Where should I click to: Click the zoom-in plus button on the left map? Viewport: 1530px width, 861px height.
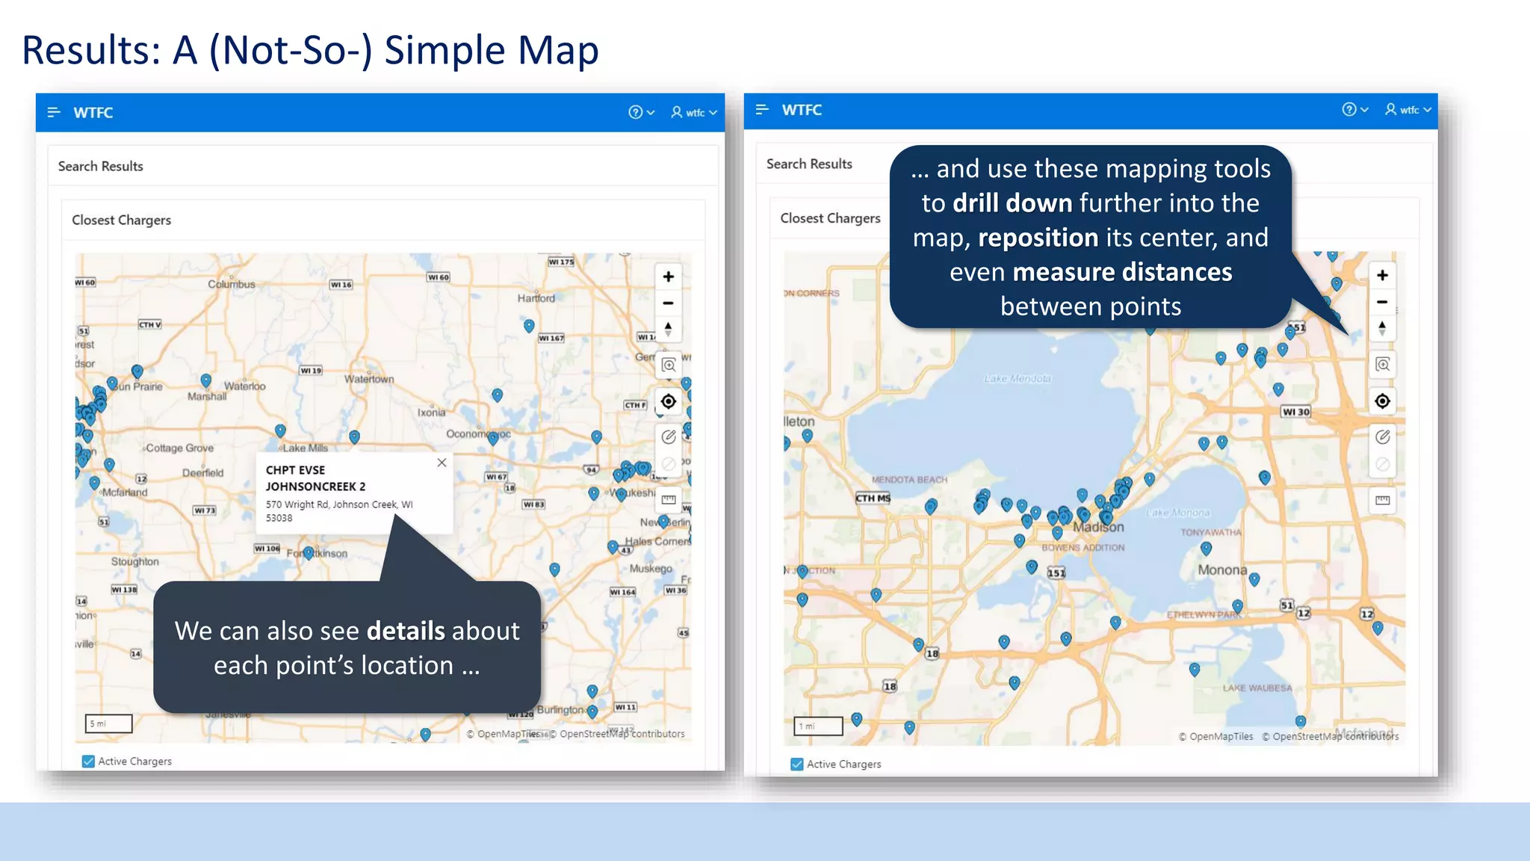pos(668,277)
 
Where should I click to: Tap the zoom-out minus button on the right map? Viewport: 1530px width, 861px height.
pos(1382,302)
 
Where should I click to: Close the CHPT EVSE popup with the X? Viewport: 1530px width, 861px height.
pos(442,463)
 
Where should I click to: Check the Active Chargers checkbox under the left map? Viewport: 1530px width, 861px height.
pos(88,761)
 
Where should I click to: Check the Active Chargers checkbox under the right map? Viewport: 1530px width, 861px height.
pos(797,764)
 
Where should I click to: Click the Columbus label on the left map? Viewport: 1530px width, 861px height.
pos(232,284)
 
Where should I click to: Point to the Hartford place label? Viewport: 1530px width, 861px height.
pos(536,298)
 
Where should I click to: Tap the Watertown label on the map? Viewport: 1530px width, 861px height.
pos(369,379)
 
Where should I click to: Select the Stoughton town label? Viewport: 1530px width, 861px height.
pos(135,561)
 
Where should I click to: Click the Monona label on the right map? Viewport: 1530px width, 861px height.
pos(1222,570)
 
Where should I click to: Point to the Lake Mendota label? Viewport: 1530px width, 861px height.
pos(1018,379)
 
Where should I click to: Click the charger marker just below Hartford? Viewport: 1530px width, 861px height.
pos(529,325)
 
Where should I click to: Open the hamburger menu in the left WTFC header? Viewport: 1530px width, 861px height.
pos(53,112)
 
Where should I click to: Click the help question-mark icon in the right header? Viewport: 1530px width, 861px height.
pos(1348,109)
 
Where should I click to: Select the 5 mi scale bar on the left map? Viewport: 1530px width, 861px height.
pos(108,723)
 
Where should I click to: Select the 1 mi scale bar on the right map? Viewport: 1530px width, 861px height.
pos(818,726)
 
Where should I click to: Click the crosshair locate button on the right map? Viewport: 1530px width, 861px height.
pos(1382,401)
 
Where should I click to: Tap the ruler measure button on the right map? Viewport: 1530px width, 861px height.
pos(1382,500)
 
